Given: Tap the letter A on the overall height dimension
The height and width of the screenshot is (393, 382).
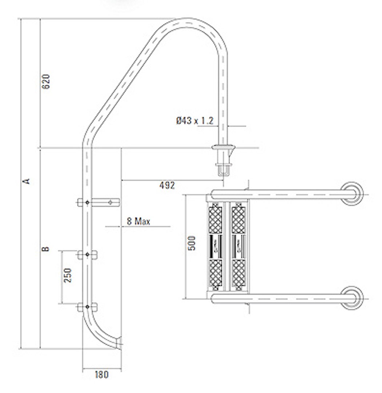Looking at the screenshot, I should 26,181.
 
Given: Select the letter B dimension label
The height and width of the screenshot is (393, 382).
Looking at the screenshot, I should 46,249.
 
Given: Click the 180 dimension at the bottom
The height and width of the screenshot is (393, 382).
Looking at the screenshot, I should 101,374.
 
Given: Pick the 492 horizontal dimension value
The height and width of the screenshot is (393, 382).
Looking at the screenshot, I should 167,186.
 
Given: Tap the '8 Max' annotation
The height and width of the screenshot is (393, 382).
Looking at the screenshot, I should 138,221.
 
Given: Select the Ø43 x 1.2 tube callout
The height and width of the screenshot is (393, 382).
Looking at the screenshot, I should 195,121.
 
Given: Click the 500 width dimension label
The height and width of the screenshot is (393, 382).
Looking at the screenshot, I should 193,243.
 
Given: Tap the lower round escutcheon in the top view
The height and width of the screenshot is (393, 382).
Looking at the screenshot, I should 353,297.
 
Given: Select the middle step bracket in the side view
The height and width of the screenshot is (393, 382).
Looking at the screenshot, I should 87,255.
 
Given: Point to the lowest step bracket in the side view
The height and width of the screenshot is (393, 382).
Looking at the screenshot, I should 87,307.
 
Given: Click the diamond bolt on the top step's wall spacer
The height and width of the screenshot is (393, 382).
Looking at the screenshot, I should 110,202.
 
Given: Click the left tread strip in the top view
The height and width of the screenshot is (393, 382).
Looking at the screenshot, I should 216,246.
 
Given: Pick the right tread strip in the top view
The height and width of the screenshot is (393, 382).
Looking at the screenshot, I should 238,246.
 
